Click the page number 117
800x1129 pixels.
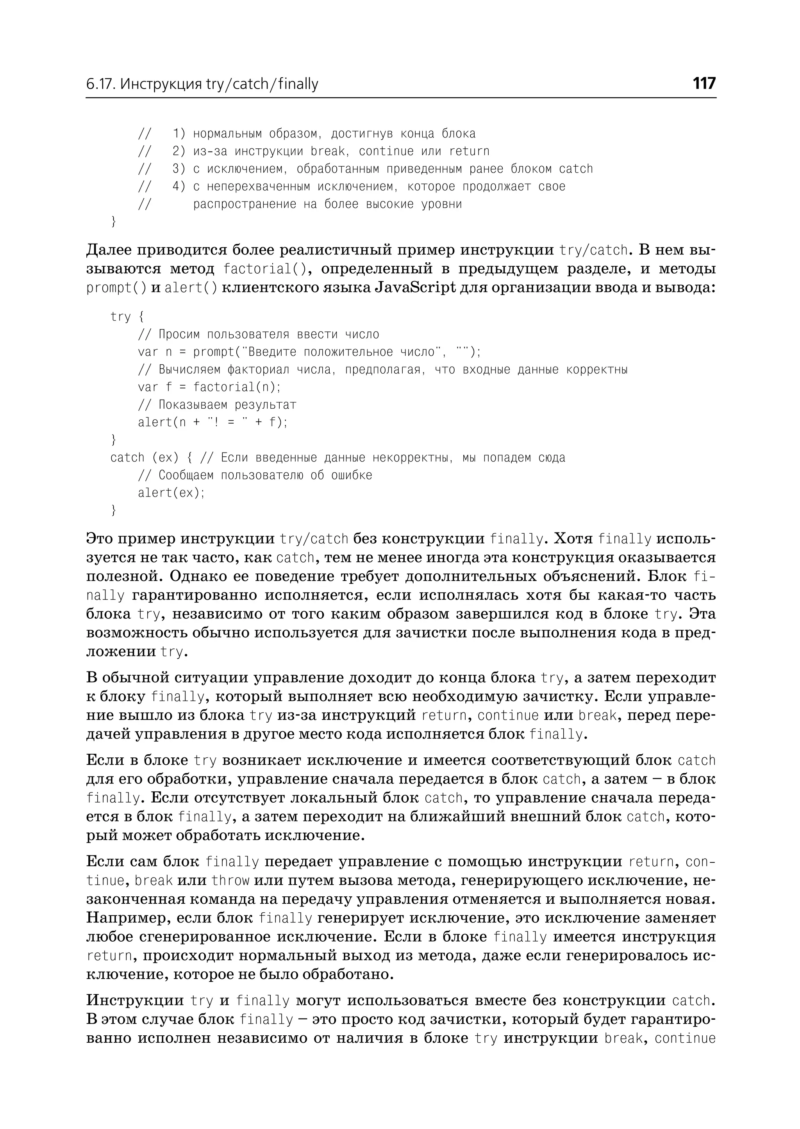tap(704, 84)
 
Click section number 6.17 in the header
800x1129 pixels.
tap(100, 85)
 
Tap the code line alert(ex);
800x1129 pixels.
tap(171, 493)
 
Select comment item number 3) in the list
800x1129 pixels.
tap(179, 169)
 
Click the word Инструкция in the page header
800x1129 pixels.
tap(161, 85)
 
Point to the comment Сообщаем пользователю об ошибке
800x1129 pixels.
tap(255, 475)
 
